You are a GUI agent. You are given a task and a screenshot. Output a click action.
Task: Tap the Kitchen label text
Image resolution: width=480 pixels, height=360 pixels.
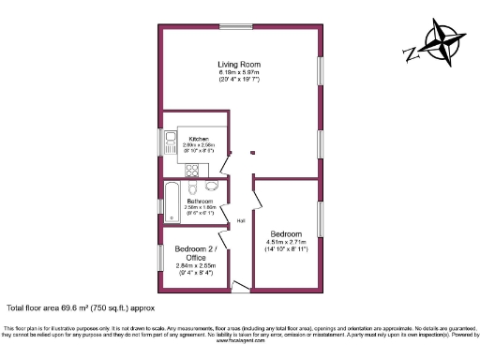pos(198,139)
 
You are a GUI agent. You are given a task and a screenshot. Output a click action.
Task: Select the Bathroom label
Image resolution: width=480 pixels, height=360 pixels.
pos(200,201)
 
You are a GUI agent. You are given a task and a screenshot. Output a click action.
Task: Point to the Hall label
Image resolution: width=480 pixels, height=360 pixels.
pos(241,221)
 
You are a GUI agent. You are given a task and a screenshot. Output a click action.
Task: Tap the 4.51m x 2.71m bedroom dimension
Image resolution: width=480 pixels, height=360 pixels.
pos(286,243)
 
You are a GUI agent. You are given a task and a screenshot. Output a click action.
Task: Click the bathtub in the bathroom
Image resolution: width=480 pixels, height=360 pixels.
pos(172,199)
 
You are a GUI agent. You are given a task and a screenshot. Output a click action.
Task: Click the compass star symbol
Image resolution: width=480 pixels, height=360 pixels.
pos(441,43)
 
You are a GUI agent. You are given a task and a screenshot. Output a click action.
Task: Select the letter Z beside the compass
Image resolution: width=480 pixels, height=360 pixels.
pos(408,53)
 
